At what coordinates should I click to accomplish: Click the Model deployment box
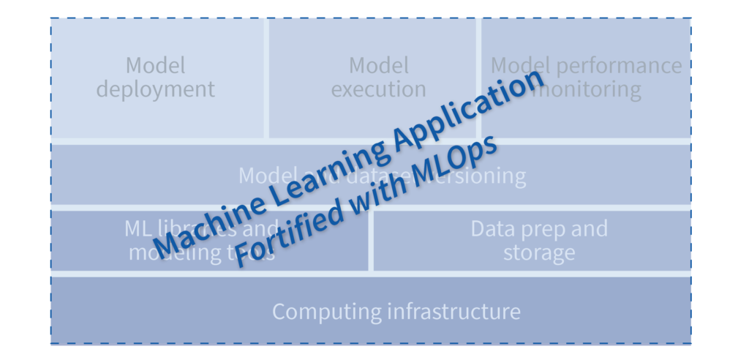(156, 78)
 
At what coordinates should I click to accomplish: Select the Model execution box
(378, 78)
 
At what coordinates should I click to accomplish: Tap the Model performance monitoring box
(585, 78)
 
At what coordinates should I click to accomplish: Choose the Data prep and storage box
(538, 240)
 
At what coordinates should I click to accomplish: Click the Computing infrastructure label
(396, 311)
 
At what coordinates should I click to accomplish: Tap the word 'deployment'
(156, 89)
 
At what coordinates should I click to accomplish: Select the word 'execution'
(378, 89)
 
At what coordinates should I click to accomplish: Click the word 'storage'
(538, 253)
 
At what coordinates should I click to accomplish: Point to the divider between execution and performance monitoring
(479, 78)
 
